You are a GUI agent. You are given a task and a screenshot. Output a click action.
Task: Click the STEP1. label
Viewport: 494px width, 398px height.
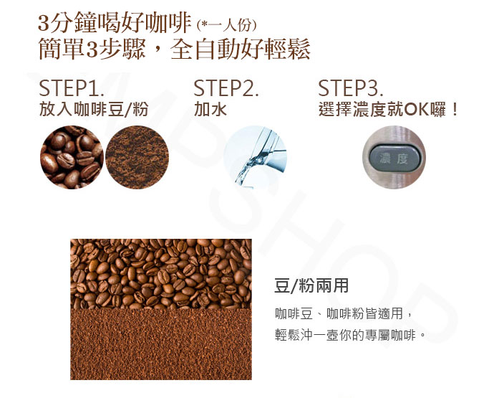(x=71, y=88)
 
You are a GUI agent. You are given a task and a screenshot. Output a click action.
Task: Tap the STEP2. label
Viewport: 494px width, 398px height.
(x=226, y=88)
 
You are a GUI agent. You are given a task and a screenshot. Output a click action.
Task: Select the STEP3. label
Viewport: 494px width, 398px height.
(x=351, y=88)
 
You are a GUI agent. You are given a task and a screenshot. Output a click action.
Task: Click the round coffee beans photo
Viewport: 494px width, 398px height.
(x=72, y=157)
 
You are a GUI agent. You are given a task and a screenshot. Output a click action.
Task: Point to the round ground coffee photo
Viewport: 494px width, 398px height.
(x=137, y=157)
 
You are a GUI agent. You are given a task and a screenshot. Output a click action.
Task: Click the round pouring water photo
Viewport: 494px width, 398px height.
(x=255, y=157)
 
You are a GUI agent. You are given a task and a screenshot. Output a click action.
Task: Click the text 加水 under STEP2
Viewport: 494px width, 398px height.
(x=210, y=110)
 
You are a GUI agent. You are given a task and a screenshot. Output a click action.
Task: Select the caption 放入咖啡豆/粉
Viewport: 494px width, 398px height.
(x=94, y=110)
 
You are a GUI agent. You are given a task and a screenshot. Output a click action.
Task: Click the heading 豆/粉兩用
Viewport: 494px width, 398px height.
(x=311, y=285)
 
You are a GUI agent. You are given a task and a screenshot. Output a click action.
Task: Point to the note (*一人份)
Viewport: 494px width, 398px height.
(x=226, y=25)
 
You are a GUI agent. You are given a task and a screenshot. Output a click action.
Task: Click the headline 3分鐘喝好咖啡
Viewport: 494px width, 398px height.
(x=115, y=23)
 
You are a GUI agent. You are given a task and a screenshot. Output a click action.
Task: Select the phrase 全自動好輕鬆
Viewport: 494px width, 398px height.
(x=241, y=49)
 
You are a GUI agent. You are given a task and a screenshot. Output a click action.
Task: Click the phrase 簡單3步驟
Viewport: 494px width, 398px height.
(x=92, y=49)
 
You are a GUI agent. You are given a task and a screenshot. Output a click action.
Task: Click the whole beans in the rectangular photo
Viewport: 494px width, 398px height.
(x=161, y=274)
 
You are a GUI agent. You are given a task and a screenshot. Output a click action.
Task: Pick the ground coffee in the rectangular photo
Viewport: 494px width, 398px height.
(x=161, y=344)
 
